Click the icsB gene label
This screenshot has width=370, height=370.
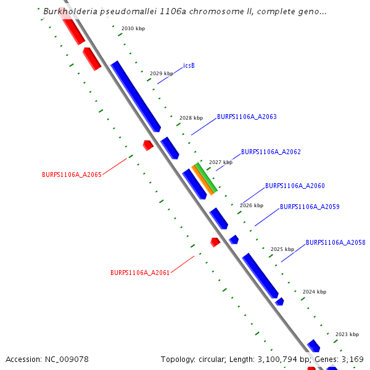point(189,65)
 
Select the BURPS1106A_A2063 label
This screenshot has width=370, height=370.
point(247,117)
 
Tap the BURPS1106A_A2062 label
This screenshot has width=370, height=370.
point(271,152)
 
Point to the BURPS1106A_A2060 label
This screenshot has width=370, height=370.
point(295,186)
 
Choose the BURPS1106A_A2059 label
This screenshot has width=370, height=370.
point(310,207)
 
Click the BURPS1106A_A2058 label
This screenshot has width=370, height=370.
point(335,243)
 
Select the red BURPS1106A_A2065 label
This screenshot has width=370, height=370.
point(72,175)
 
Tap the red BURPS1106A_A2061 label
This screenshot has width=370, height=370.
point(140,273)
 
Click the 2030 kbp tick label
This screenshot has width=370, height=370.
point(133,29)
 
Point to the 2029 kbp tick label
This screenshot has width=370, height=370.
point(162,73)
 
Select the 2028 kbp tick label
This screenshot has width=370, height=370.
point(191,118)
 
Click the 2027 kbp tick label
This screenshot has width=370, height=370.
point(221,162)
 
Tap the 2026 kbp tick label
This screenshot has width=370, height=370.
point(252,205)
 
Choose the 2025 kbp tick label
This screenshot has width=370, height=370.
point(282,250)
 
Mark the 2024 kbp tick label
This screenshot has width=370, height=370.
point(314,292)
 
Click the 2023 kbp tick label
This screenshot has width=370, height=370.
point(347,334)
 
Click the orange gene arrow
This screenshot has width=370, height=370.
point(202,179)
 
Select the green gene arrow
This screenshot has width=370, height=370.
point(207,176)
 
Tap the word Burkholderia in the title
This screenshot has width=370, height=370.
point(72,11)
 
